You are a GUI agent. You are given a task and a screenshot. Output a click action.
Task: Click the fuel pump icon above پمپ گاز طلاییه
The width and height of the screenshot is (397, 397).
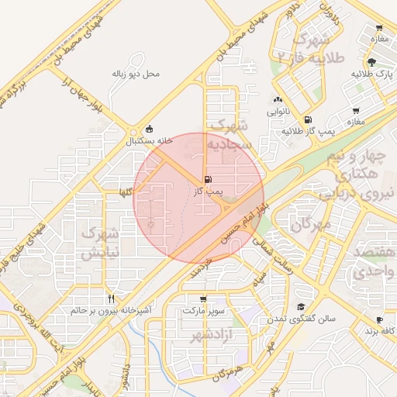(x=309, y=120)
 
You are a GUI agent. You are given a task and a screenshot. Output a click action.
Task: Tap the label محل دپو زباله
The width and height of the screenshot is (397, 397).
(x=136, y=74)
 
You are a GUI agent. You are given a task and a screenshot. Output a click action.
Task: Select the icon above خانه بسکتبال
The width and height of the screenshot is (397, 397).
(x=149, y=129)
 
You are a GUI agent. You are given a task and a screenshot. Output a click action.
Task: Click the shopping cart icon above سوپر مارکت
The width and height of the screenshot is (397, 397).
(x=203, y=299)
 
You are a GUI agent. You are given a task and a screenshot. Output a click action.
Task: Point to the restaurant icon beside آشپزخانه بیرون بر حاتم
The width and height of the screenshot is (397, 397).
(x=112, y=299)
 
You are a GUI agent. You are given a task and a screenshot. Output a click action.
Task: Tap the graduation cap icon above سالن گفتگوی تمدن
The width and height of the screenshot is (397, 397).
(x=301, y=307)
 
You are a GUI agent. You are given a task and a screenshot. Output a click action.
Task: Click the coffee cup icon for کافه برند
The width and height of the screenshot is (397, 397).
(x=379, y=319)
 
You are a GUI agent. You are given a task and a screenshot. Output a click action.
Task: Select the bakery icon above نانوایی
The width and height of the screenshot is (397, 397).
(x=278, y=100)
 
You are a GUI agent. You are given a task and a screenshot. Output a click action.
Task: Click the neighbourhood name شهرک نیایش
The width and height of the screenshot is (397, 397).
(x=100, y=242)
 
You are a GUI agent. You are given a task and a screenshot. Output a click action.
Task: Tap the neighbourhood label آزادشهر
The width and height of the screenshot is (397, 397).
(x=203, y=335)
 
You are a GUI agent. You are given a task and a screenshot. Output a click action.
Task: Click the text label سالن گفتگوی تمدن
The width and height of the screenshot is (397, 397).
(x=300, y=319)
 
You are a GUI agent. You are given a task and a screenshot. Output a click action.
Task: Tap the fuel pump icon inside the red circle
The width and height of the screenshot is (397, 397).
(x=207, y=179)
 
